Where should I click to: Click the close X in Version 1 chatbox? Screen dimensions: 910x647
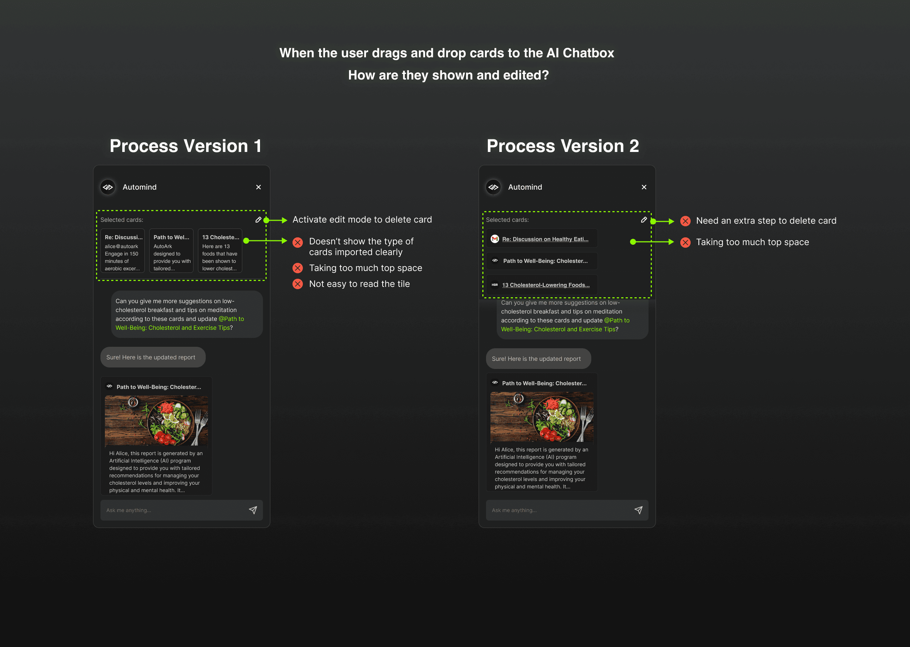pos(259,187)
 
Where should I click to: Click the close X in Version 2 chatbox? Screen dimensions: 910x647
pos(644,187)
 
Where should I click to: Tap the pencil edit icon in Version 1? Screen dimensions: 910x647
pos(258,220)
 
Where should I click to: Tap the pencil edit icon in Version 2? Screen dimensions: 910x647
pos(644,220)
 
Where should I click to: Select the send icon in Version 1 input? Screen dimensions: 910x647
pos(253,510)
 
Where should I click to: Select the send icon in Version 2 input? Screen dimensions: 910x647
pos(639,510)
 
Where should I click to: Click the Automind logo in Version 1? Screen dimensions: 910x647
pos(108,187)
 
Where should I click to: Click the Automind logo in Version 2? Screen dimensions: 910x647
pos(493,187)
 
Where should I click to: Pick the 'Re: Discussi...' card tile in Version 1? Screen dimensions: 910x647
pos(123,251)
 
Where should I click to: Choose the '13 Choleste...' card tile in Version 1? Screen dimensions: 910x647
pos(220,251)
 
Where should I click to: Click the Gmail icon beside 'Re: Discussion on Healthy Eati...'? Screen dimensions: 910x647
pos(495,239)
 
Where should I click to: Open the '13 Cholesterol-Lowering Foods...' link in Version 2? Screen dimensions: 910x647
pos(546,285)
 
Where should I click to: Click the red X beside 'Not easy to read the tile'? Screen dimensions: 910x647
pos(298,284)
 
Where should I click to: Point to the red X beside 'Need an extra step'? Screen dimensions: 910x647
pos(685,221)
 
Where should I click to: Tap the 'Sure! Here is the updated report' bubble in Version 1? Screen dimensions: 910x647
pos(153,358)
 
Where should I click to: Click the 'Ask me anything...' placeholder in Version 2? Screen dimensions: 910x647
pos(514,510)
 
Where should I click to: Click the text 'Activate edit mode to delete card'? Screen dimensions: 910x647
pos(362,220)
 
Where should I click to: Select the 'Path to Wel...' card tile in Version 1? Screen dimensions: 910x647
pos(171,251)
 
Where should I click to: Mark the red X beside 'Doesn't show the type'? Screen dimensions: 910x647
pos(298,242)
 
